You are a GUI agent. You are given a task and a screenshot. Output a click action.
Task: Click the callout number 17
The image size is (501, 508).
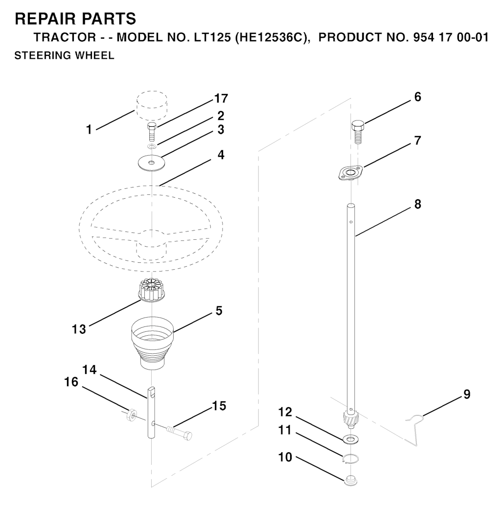click(x=221, y=98)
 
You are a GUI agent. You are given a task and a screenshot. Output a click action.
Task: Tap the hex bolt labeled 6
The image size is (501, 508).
click(x=358, y=132)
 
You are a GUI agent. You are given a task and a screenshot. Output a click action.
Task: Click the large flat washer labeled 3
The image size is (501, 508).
click(x=151, y=162)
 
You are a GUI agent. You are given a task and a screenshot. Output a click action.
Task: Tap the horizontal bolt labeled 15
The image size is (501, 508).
click(x=179, y=433)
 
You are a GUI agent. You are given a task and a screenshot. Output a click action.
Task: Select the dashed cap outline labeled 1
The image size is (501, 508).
click(x=152, y=105)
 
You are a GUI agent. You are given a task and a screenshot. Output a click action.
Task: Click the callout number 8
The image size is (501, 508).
click(x=418, y=205)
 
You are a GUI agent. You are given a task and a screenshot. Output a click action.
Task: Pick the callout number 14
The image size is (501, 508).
click(x=90, y=369)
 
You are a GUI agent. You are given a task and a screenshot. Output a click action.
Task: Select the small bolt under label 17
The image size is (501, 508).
click(x=152, y=132)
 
